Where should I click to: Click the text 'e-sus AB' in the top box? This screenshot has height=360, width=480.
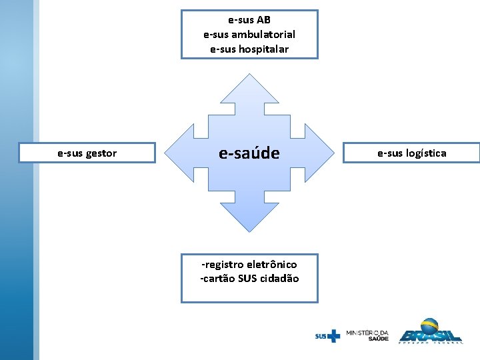click(x=249, y=20)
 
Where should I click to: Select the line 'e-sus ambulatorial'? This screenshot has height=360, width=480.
click(x=249, y=35)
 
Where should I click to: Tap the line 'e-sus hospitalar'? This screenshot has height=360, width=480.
click(x=249, y=49)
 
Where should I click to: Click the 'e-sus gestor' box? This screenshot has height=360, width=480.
click(x=87, y=153)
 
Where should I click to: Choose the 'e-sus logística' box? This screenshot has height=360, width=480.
click(x=412, y=153)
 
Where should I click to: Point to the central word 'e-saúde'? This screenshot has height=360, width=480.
click(x=249, y=153)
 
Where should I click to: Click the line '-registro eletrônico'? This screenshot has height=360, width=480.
click(x=249, y=265)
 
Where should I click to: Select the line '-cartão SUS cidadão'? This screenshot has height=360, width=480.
click(x=249, y=279)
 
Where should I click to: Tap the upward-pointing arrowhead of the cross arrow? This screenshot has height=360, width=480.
click(x=249, y=90)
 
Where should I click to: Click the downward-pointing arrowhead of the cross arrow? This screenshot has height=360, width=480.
click(x=249, y=217)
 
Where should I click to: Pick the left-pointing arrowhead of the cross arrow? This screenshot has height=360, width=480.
click(x=179, y=153)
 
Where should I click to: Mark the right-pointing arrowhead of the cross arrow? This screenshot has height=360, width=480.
click(x=320, y=153)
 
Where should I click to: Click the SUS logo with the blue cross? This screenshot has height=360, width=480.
click(x=327, y=336)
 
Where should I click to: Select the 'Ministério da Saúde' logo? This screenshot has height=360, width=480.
click(x=367, y=335)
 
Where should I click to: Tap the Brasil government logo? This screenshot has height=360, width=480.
click(x=430, y=331)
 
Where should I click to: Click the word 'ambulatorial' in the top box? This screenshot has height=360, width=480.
click(x=265, y=35)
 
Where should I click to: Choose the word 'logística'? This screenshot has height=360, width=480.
click(x=426, y=153)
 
